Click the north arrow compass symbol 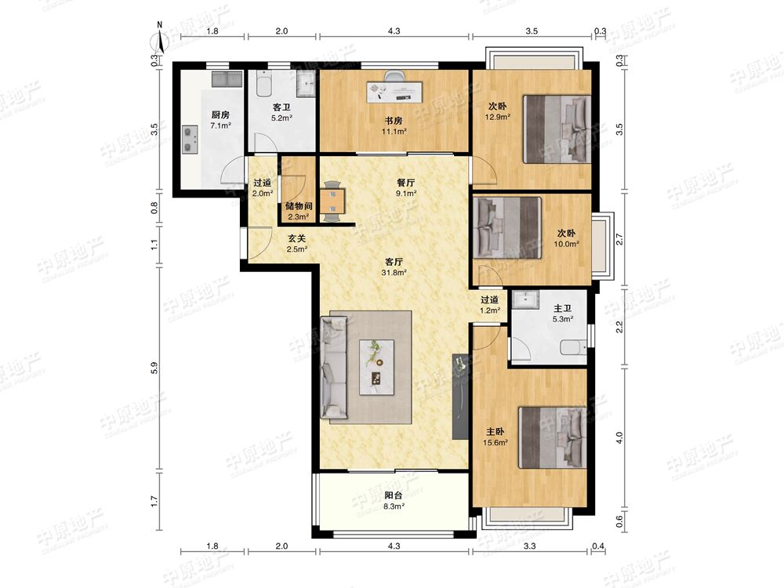click(160, 38)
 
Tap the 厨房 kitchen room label click(220, 115)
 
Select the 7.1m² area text click(220, 126)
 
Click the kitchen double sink click(227, 79)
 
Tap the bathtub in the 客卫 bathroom click(263, 84)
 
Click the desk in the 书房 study click(395, 93)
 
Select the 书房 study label click(394, 121)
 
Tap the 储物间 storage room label click(299, 206)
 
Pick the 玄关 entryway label click(296, 238)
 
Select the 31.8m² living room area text click(394, 273)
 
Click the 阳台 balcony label click(394, 495)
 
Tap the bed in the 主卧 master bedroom click(552, 437)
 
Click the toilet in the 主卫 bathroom click(574, 347)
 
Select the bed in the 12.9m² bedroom click(557, 129)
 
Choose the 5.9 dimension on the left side click(154, 368)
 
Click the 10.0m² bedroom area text click(566, 244)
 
